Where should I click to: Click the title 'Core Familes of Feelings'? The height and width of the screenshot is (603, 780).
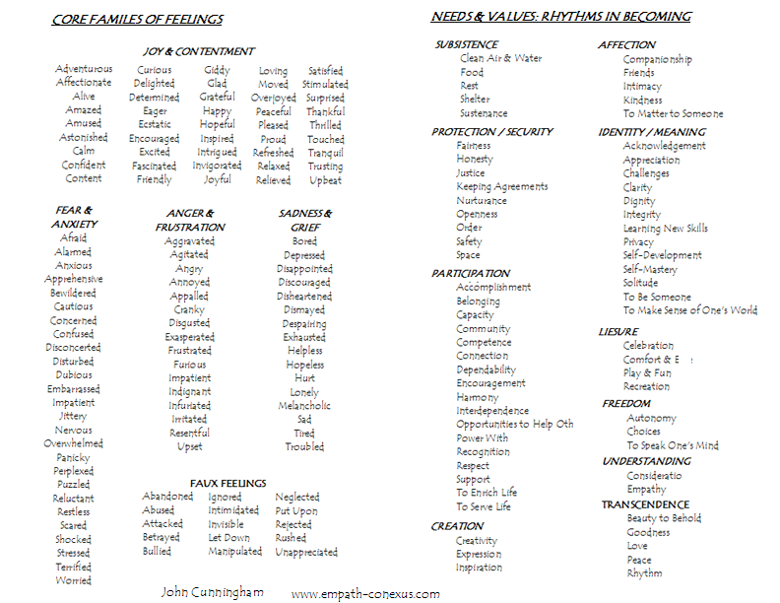click(x=138, y=20)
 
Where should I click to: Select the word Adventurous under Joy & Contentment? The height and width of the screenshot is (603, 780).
click(x=84, y=69)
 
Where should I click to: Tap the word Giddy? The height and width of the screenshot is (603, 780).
click(x=217, y=70)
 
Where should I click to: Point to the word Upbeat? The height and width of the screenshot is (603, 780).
click(x=325, y=180)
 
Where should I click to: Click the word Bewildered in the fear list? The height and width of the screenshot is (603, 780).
click(x=73, y=293)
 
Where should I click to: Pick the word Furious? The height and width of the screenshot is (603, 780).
click(x=189, y=365)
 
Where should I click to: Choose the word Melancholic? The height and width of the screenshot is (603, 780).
click(x=304, y=406)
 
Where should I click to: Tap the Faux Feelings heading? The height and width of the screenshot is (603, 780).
click(x=228, y=483)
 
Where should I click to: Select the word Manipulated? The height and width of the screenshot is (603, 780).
click(x=234, y=552)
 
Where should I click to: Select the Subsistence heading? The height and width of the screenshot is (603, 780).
click(x=467, y=44)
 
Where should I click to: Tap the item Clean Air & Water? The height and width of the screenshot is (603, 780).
click(x=500, y=58)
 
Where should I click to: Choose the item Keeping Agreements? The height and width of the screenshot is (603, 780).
click(x=501, y=186)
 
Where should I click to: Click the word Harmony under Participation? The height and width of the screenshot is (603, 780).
click(x=478, y=397)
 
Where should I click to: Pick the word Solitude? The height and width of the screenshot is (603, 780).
click(x=640, y=283)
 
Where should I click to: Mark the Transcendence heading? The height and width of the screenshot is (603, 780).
click(x=645, y=504)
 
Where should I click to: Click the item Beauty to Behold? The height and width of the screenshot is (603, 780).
click(x=664, y=518)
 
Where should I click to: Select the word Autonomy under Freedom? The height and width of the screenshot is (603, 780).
click(x=651, y=418)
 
